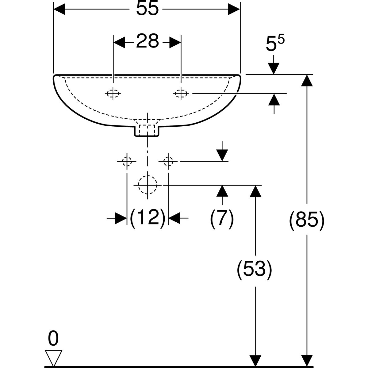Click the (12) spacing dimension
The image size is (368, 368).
tap(148, 218)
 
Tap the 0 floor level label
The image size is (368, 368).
tap(53, 339)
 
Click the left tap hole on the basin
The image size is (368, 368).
tap(113, 93)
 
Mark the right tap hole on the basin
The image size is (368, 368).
tap(181, 93)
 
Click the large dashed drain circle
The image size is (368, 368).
tap(148, 185)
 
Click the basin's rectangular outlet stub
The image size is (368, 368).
tap(147, 130)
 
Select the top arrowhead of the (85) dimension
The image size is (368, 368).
tap(306, 80)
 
